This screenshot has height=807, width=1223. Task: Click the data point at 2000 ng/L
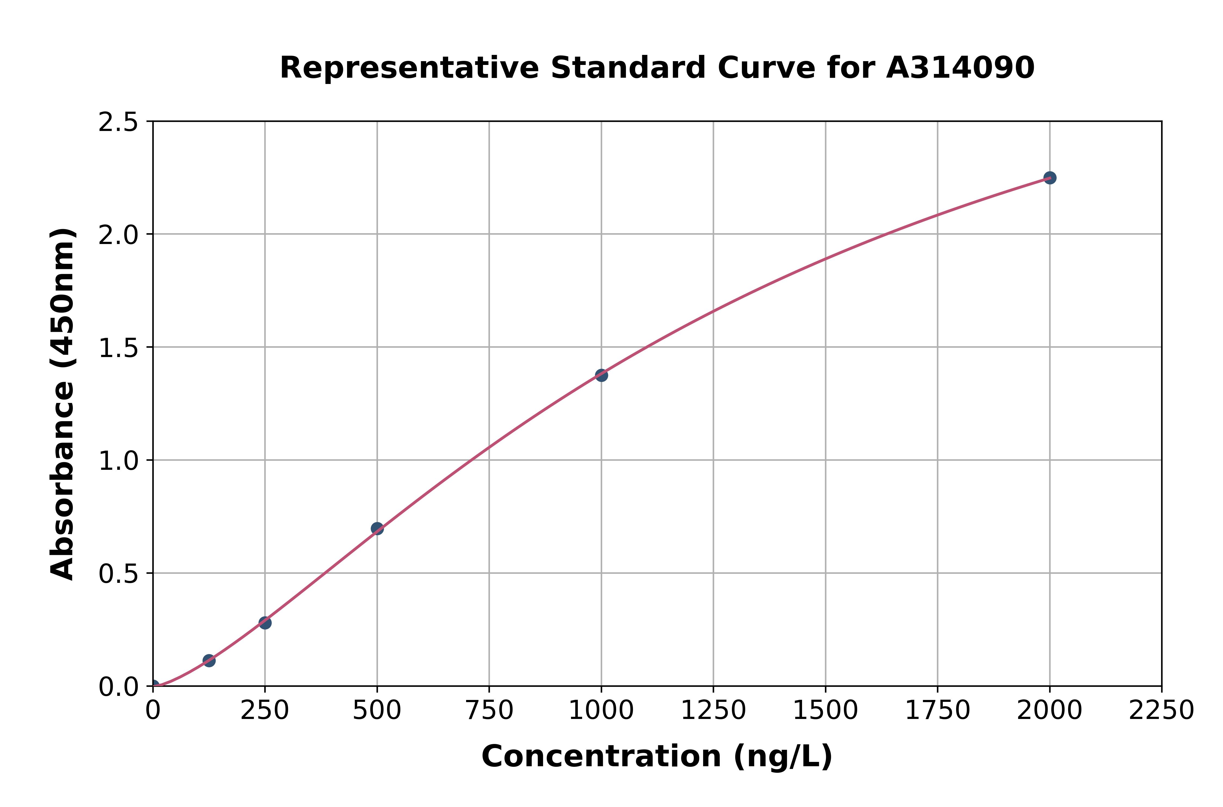coord(1050,177)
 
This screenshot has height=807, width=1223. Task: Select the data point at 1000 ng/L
coord(601,375)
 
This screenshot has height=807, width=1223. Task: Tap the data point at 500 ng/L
coord(377,528)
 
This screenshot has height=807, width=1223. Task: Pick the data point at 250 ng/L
coord(265,623)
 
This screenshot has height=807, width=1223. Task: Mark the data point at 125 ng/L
coord(209,660)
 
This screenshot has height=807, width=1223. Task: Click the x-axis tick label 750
coord(489,711)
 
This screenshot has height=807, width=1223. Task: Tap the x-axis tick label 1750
coord(937,711)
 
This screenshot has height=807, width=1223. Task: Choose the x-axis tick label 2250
coord(1161,711)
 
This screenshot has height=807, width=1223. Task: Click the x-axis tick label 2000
coord(1050,711)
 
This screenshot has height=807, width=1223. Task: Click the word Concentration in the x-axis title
coord(601,756)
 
